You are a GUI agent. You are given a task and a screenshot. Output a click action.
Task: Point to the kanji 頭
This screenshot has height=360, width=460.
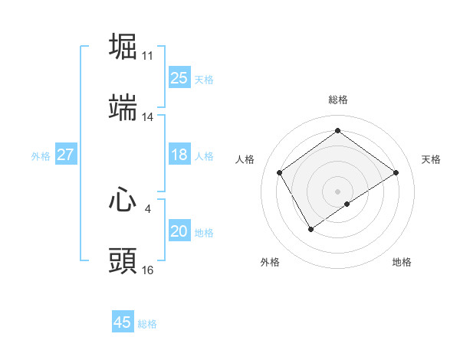123,260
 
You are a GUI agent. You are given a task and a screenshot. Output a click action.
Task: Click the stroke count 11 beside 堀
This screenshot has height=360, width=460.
148,55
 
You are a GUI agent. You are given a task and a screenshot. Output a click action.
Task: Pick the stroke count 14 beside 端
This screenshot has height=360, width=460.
148,117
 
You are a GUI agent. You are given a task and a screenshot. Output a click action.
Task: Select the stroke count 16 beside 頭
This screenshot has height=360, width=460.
148,270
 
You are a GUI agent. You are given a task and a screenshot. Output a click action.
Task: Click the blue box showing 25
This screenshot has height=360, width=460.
179,78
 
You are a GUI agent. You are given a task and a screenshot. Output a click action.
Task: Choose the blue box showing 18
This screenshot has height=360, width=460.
179,155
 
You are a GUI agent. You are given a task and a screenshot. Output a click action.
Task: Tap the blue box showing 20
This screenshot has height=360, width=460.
179,231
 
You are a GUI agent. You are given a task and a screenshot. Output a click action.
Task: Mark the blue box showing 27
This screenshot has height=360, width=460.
65,155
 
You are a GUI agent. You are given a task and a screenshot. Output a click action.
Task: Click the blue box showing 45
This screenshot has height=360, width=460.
123,322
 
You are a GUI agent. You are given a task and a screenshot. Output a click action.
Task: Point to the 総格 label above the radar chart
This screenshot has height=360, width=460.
338,100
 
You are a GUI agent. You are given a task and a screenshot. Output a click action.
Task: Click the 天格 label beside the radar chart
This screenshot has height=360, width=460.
432,159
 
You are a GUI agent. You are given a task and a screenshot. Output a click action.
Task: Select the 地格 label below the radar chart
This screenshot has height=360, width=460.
402,262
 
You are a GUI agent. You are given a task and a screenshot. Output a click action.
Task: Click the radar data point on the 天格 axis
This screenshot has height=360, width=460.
396,173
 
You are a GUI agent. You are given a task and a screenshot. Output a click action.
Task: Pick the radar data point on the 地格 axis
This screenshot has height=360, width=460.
347,204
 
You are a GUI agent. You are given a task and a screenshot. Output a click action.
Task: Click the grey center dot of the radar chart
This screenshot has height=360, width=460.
338,191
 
